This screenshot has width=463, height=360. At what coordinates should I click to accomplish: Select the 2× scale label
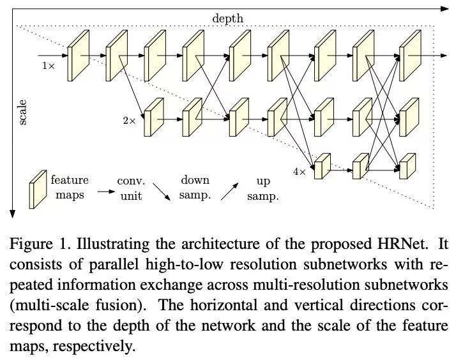point(130,119)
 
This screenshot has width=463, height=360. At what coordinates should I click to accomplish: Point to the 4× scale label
point(300,171)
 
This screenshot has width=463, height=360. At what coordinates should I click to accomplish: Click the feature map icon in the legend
point(38,190)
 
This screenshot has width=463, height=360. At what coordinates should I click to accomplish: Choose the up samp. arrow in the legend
point(231,191)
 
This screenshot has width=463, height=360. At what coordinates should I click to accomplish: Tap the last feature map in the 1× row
point(408,56)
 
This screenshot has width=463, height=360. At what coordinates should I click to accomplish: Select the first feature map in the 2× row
point(153,118)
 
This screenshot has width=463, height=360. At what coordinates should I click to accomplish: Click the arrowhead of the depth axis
point(447,8)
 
